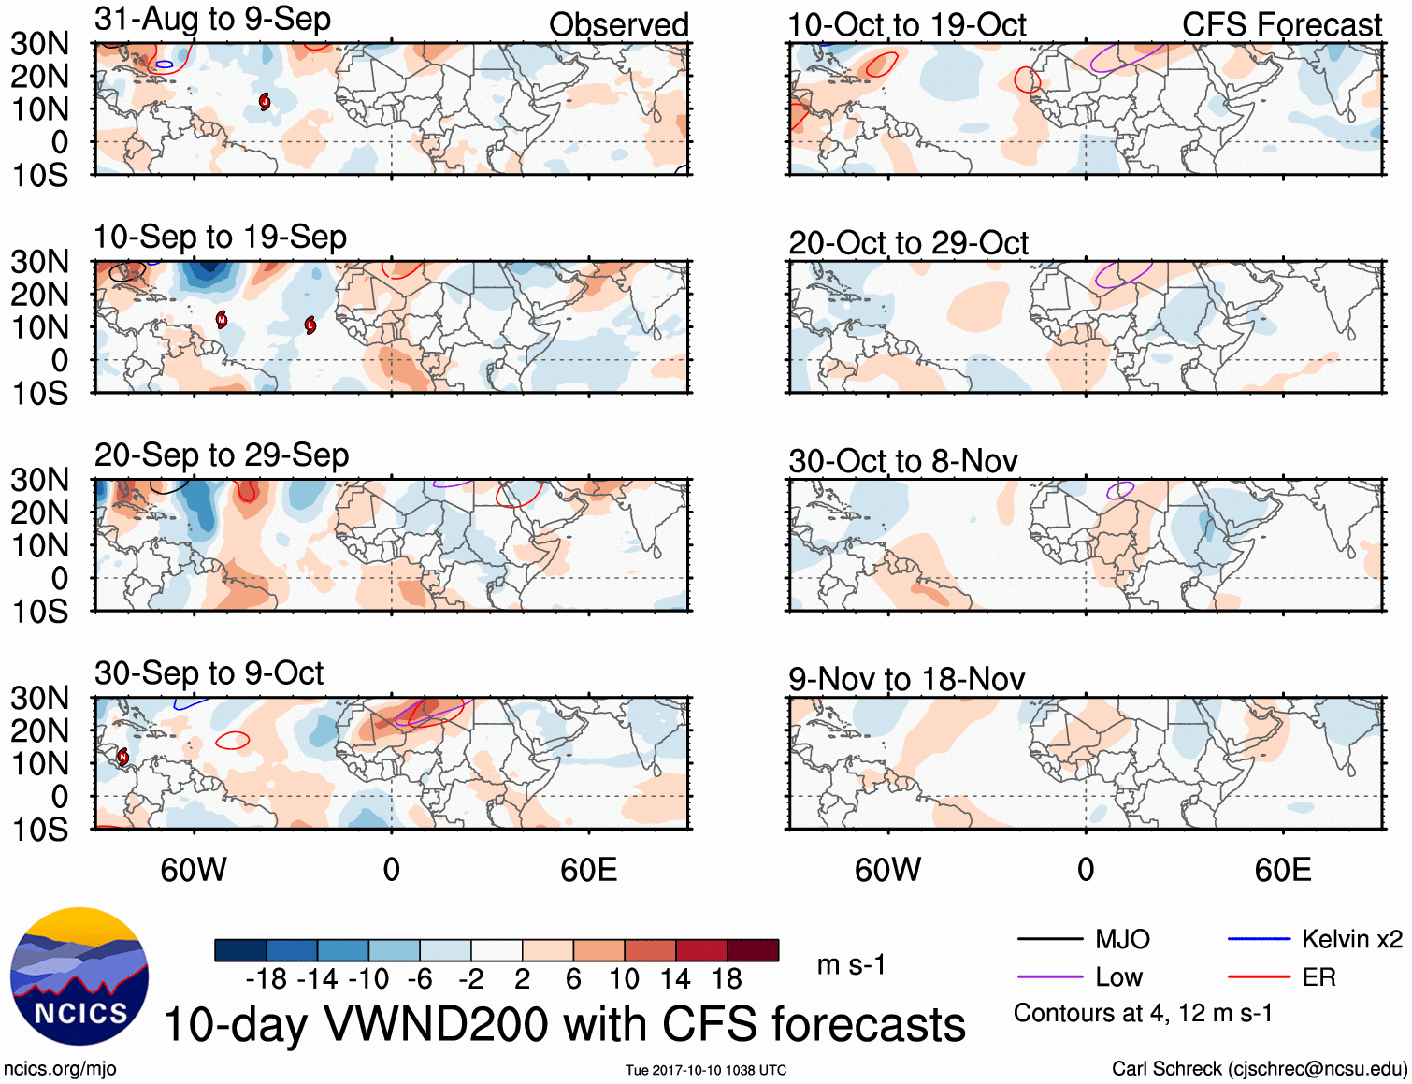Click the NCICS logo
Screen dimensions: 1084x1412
(x=79, y=976)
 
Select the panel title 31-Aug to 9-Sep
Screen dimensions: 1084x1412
(x=212, y=19)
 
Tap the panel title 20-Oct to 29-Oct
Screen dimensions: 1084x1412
(x=908, y=243)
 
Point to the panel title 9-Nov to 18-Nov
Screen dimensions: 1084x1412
(x=906, y=679)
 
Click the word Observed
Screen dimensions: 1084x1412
(x=618, y=24)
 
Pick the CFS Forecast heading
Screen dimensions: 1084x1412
(x=1281, y=24)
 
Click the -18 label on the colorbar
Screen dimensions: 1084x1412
(x=266, y=979)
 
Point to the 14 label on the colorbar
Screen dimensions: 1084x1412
(x=675, y=979)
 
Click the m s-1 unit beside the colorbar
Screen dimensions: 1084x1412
(x=851, y=964)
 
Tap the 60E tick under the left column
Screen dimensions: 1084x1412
(x=588, y=870)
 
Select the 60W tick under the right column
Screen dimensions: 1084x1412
(x=887, y=870)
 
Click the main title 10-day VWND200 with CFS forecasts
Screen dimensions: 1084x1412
(x=564, y=1024)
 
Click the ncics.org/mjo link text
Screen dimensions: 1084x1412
(x=60, y=1068)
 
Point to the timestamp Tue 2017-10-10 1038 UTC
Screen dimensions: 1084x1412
(x=706, y=1070)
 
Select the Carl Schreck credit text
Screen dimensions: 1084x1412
(x=1259, y=1068)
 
